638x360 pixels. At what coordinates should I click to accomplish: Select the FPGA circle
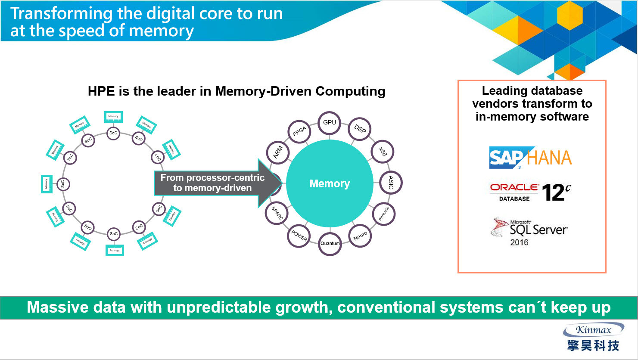tap(299, 132)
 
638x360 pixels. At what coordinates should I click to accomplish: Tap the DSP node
tap(360, 129)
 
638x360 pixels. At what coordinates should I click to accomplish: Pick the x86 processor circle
tap(383, 151)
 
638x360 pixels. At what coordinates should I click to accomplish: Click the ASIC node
tap(391, 182)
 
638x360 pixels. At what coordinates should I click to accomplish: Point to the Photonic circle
tap(383, 214)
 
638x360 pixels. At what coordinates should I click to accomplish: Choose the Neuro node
tap(360, 236)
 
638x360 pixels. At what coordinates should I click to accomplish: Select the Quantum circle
tap(330, 243)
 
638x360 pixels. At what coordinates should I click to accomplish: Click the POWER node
tap(299, 236)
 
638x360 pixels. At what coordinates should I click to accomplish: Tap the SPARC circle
tap(277, 213)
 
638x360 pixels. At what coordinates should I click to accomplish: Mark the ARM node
tap(278, 152)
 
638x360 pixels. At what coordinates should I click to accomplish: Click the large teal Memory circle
tap(330, 184)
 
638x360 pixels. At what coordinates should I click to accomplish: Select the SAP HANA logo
tap(530, 158)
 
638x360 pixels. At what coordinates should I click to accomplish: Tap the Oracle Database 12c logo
tap(530, 192)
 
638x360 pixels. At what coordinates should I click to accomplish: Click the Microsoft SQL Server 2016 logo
tap(529, 232)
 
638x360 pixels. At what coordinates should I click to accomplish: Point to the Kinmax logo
tap(593, 337)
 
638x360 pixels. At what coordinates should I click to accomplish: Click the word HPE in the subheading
tap(102, 91)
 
